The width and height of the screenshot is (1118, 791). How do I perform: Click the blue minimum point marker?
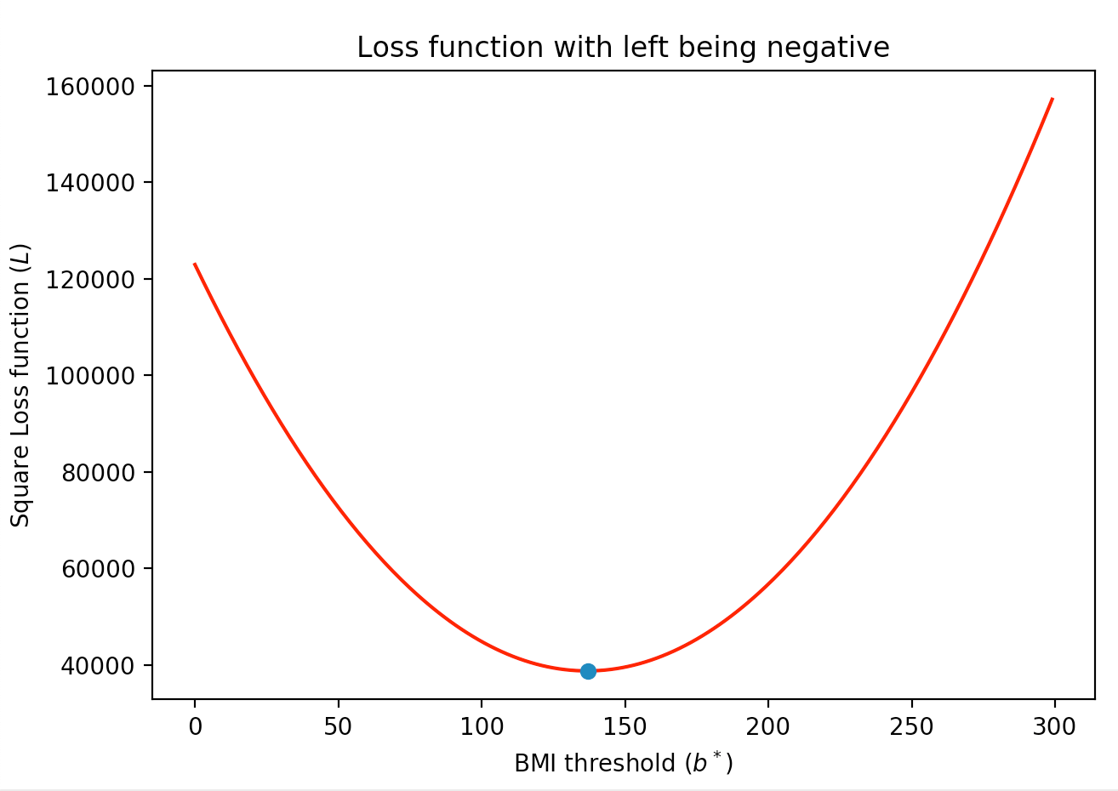tap(588, 671)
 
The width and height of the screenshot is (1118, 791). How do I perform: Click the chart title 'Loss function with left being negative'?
tap(623, 48)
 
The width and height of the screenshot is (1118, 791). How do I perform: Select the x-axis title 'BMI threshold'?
tap(623, 763)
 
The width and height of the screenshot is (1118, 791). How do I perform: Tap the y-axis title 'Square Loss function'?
tap(20, 385)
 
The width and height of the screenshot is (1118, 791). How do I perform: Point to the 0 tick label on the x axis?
tap(195, 727)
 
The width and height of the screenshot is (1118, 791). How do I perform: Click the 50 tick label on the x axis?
tap(338, 727)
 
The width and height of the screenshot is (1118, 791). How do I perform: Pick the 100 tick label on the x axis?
tap(482, 727)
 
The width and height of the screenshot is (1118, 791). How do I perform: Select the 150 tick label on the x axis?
tap(625, 727)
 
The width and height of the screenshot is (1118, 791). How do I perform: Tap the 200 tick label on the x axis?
tap(768, 727)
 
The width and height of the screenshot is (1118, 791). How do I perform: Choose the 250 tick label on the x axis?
tap(911, 727)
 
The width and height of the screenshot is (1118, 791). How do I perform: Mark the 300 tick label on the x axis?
tap(1055, 727)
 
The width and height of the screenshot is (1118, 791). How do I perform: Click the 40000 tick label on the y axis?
tap(98, 665)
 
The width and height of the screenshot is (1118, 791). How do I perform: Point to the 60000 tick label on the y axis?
tap(98, 569)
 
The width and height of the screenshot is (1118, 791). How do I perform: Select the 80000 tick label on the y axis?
tap(98, 472)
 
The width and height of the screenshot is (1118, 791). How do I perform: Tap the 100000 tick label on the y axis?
tap(92, 376)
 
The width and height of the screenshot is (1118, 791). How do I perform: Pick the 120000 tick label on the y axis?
tap(92, 279)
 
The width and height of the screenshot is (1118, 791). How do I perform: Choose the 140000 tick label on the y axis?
tap(92, 183)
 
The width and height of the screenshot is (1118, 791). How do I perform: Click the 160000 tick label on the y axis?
tap(92, 87)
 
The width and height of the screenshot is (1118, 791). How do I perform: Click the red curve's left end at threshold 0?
tap(196, 265)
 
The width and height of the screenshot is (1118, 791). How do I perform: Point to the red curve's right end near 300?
tap(1052, 100)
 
